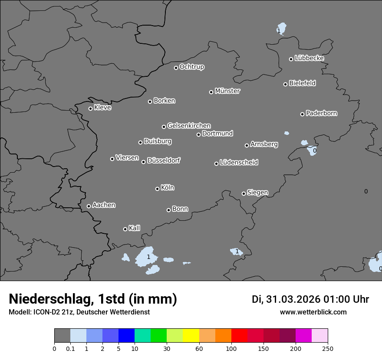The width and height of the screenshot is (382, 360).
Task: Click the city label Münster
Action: point(227,91)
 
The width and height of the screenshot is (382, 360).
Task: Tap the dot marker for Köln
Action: point(157,189)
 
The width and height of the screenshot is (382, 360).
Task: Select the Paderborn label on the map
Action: point(322,113)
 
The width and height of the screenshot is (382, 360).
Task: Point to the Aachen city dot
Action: point(89,206)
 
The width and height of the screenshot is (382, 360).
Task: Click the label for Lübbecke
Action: point(310,58)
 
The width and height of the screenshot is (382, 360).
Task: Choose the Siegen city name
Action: point(257,193)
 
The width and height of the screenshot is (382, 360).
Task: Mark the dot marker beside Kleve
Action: point(90,108)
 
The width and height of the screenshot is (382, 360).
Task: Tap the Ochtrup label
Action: point(192,67)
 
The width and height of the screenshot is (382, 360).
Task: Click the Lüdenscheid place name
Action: point(239,163)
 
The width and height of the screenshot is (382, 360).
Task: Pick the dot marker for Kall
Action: point(125,229)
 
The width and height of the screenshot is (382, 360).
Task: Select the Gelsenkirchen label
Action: point(189,126)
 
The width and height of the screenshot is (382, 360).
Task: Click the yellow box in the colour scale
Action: point(191,336)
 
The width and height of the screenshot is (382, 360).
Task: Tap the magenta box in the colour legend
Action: point(303,336)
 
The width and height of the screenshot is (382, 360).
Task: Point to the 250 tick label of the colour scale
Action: point(328,348)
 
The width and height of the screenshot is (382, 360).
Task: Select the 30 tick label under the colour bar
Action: point(167,348)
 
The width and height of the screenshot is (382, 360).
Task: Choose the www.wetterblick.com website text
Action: point(313,312)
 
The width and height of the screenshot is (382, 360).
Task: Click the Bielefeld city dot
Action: point(286,84)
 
